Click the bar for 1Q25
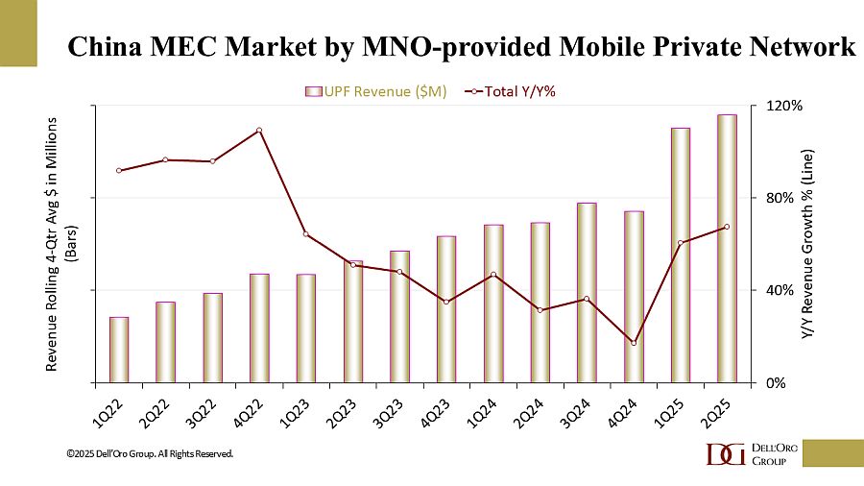(x=681, y=255)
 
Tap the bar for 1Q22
(x=119, y=349)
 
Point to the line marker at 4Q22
(x=259, y=131)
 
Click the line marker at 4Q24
(x=634, y=343)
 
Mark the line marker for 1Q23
(x=306, y=234)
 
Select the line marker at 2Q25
(x=727, y=227)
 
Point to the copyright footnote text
(x=150, y=452)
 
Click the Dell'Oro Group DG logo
(x=724, y=454)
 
